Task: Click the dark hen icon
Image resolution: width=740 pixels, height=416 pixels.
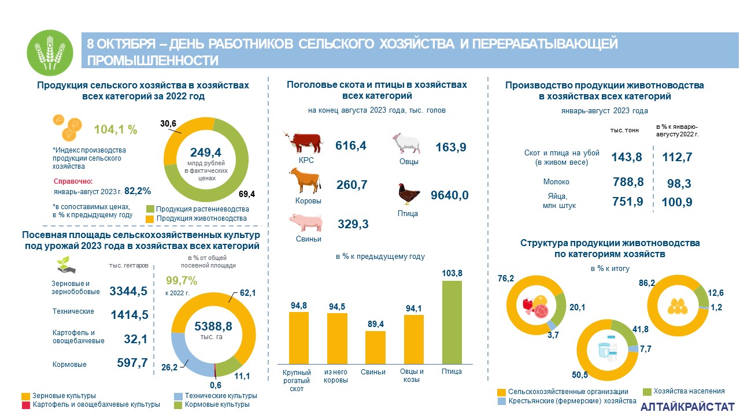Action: point(407,194)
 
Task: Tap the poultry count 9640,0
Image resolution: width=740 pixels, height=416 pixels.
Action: point(450,195)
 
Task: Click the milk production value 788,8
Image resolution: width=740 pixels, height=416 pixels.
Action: point(628,183)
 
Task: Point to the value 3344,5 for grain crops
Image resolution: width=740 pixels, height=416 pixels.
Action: point(128,291)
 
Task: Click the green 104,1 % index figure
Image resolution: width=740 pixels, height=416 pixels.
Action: point(119,129)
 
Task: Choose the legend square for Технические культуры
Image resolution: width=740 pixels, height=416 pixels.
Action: point(178,396)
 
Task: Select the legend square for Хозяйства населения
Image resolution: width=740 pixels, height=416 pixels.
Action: point(647,391)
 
